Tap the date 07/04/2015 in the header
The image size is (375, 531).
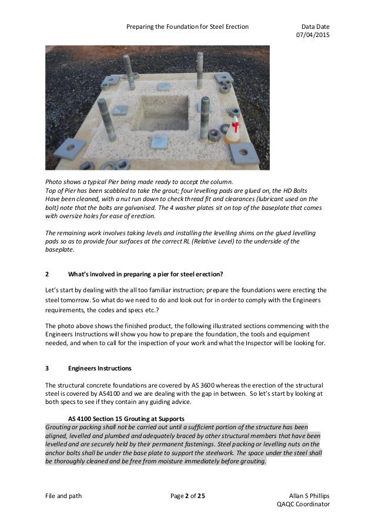tap(314, 36)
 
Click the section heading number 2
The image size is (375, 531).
tap(47, 274)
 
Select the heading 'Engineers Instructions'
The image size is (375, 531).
tap(100, 369)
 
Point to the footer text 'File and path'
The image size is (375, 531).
tap(63, 496)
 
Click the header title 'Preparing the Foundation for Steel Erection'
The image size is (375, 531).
tap(187, 27)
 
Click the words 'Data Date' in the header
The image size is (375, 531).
tap(315, 27)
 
